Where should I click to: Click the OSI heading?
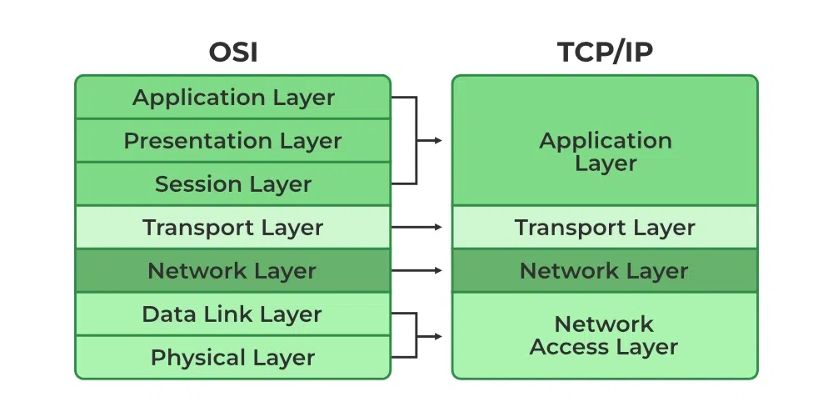click(x=232, y=52)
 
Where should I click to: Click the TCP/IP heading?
click(x=605, y=52)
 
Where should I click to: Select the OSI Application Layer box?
click(x=232, y=98)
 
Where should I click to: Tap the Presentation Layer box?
click(x=232, y=141)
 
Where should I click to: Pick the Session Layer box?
click(x=232, y=184)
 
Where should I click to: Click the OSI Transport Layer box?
click(x=232, y=228)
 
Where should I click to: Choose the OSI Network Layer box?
click(x=232, y=271)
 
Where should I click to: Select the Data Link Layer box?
click(x=232, y=314)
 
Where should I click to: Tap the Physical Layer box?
click(x=232, y=358)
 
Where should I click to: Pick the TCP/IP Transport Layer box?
click(x=605, y=228)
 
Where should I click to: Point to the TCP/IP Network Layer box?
click(x=605, y=271)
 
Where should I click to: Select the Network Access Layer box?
click(x=605, y=335)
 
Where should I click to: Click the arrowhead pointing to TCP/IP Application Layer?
click(x=437, y=140)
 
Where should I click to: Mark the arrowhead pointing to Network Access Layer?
click(x=437, y=336)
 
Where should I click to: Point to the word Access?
click(x=567, y=347)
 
